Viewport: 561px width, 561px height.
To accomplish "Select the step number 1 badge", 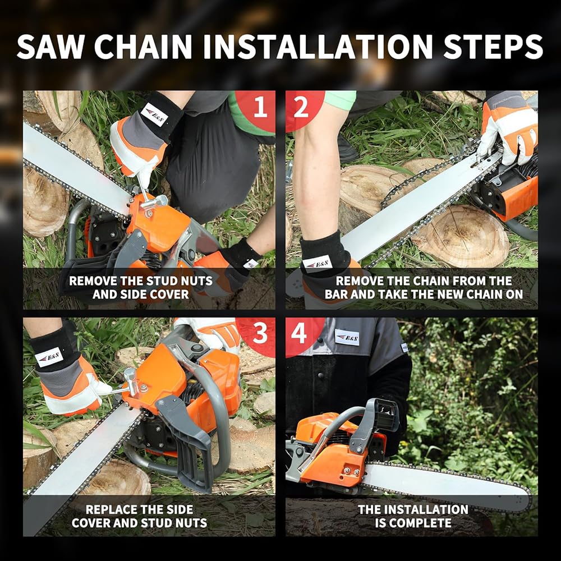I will click(x=259, y=107).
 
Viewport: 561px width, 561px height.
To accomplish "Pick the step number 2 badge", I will click(x=301, y=107).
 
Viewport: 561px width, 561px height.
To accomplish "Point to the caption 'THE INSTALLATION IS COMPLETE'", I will click(x=413, y=516).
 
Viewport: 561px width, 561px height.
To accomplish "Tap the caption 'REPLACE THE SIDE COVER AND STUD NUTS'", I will click(x=140, y=516).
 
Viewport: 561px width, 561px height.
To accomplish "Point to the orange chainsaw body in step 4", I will click(x=328, y=463).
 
